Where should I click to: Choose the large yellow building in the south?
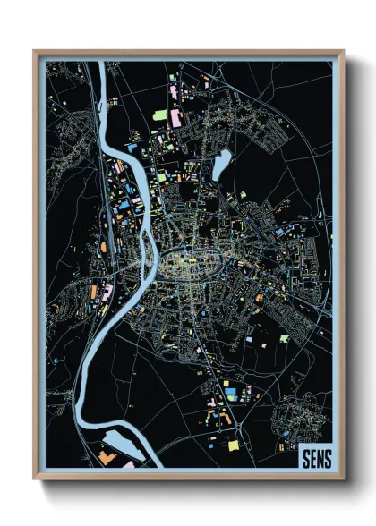click(x=234, y=445)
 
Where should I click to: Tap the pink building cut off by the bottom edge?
click(x=128, y=465)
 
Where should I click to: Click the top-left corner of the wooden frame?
click(x=35, y=51)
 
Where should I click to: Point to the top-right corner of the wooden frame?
click(x=343, y=51)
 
